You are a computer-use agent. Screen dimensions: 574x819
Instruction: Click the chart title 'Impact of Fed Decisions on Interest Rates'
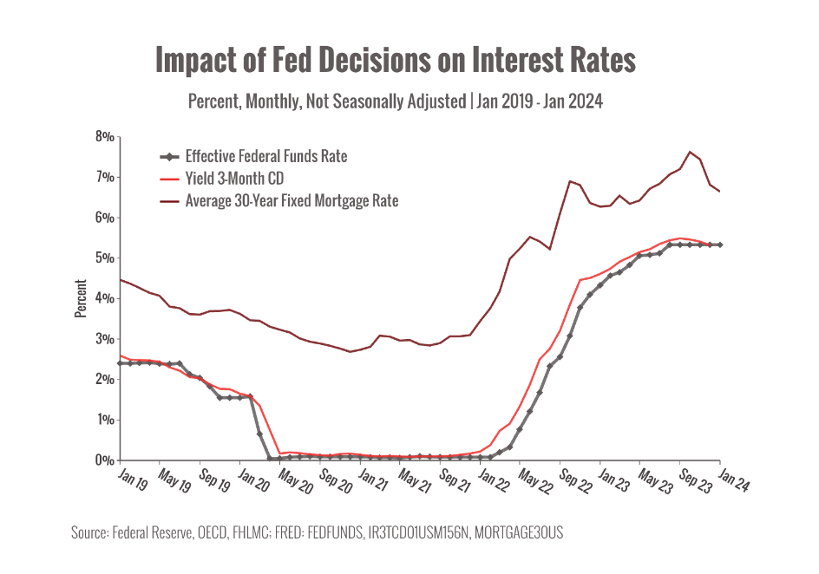(x=395, y=60)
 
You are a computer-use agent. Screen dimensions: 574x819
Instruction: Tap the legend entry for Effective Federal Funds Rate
(x=265, y=157)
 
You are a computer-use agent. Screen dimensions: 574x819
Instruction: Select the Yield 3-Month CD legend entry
(x=235, y=179)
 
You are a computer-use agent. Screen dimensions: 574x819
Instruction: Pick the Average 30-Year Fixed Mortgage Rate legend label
(x=292, y=201)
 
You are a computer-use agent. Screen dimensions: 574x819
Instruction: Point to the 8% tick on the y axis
(x=105, y=136)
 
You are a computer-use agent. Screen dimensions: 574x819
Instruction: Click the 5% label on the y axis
(x=105, y=258)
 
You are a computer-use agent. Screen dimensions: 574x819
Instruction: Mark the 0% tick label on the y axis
(x=105, y=460)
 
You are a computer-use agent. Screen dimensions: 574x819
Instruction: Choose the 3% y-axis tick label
(x=105, y=339)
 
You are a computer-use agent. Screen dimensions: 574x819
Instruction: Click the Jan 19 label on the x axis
(x=130, y=482)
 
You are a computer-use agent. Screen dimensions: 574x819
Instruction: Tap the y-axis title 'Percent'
(x=80, y=298)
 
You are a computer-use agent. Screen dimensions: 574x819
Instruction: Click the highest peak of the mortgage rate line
(x=690, y=153)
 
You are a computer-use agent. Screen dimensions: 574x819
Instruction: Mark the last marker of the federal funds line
(x=720, y=245)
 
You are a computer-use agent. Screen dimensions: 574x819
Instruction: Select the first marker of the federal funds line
(x=120, y=363)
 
